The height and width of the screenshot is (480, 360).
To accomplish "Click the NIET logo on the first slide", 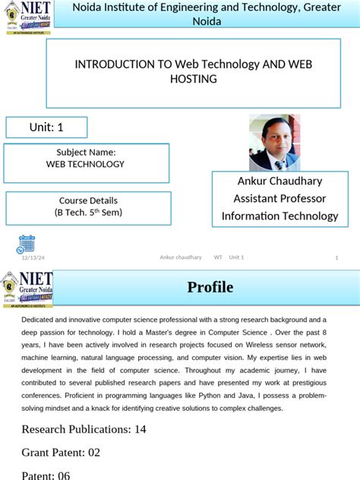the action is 27,17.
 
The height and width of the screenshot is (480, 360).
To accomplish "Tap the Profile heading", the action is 210,287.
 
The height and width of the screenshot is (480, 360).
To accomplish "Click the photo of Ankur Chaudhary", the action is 274,143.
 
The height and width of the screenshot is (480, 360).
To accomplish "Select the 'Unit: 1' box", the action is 46,128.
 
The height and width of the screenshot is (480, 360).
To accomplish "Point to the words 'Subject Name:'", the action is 86,153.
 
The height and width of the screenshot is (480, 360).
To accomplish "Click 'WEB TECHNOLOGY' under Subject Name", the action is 86,164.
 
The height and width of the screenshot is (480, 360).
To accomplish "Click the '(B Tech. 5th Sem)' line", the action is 88,212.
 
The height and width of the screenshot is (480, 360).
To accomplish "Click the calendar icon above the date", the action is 27,243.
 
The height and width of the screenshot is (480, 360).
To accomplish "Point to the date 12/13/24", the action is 33,257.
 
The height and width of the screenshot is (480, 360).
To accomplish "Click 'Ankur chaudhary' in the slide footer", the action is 181,257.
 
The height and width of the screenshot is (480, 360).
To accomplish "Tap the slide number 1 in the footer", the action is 336,257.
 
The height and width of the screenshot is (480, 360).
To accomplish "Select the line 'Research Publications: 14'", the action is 84,429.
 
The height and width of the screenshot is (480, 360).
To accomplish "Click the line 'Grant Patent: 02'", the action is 61,453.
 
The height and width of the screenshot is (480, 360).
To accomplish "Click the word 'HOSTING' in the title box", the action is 194,79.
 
